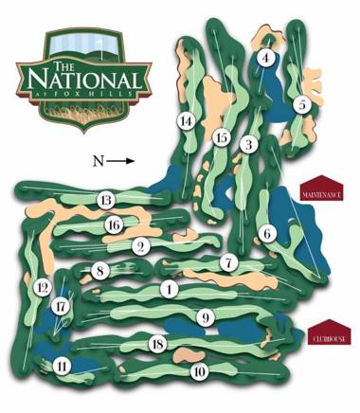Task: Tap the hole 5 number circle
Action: pos(301,105)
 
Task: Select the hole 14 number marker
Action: pos(248,145)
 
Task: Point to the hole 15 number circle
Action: pos(222,138)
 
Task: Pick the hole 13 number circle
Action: pos(106,200)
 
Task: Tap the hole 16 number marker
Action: pos(114,224)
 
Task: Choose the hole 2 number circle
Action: pos(142,247)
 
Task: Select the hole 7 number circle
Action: pos(227,261)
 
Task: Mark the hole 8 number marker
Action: pos(99,273)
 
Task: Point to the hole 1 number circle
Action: pos(170,289)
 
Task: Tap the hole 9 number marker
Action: pos(204,316)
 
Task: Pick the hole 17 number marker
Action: pos(62,307)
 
